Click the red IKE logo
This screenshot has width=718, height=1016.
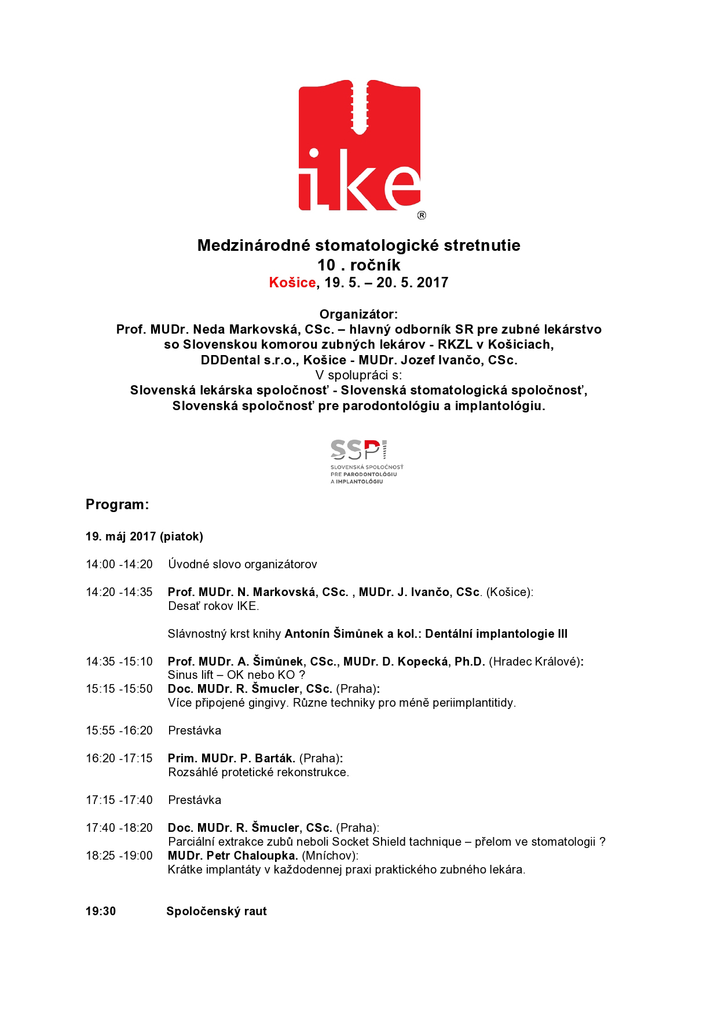click(359, 146)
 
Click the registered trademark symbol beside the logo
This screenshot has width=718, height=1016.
click(422, 215)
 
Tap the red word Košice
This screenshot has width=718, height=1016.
click(292, 283)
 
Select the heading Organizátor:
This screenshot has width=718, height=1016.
click(358, 315)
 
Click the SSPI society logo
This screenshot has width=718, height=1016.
click(366, 461)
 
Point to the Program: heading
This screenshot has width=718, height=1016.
click(118, 505)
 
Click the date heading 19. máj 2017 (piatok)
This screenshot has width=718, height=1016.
click(144, 536)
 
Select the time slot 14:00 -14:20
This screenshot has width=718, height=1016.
click(119, 564)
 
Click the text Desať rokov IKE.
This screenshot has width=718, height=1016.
click(213, 606)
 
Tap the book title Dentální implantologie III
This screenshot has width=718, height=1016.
click(496, 634)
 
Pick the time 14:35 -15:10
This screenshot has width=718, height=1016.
click(119, 662)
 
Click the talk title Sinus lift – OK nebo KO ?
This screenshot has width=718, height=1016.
click(236, 675)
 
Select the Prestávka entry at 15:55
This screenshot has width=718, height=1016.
click(195, 730)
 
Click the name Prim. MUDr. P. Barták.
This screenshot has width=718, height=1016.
click(232, 758)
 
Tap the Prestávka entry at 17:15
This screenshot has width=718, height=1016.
click(195, 800)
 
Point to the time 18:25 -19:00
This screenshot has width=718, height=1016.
click(119, 856)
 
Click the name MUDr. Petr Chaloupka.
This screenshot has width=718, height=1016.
click(233, 856)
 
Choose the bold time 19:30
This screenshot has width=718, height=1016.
click(101, 911)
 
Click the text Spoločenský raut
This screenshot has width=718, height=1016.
click(217, 911)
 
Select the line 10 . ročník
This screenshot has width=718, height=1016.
click(358, 265)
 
